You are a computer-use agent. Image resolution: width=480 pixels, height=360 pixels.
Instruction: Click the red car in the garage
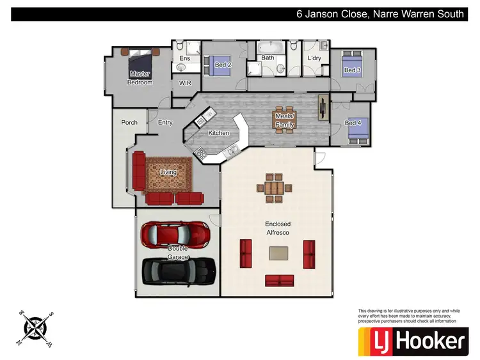(x=175, y=235)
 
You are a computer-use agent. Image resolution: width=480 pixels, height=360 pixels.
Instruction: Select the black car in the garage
(x=177, y=270)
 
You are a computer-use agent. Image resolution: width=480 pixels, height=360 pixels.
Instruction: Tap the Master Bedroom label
(x=140, y=78)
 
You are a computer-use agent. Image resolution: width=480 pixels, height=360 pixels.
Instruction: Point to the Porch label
(x=129, y=122)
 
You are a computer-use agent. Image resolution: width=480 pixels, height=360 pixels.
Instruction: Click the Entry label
(x=165, y=122)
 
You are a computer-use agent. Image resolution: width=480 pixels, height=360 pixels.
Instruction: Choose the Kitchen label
(x=218, y=133)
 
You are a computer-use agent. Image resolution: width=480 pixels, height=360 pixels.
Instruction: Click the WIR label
(x=185, y=83)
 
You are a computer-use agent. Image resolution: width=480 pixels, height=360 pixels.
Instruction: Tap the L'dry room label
(x=314, y=58)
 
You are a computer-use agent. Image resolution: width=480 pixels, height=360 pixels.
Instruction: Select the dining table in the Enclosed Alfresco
(x=273, y=189)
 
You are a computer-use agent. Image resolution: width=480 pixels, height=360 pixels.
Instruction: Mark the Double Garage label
(x=178, y=253)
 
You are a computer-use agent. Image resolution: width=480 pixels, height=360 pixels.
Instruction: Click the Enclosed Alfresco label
(x=278, y=228)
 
